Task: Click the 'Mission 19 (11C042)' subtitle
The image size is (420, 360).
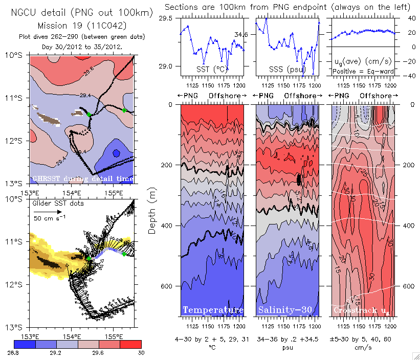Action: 82,25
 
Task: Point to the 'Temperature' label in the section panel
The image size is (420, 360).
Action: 213,310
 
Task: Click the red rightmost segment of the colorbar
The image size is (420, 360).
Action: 130,344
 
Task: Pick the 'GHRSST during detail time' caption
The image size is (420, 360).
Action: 82,178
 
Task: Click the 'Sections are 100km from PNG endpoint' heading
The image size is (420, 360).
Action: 288,7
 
